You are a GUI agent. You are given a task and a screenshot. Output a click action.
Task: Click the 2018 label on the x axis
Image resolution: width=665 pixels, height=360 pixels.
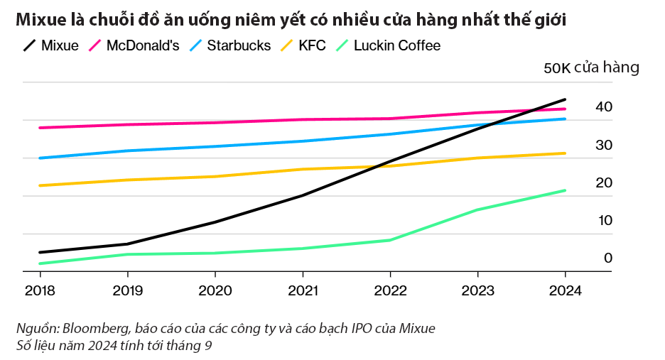[39, 291]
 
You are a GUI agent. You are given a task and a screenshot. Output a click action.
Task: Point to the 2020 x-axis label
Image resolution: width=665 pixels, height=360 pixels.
[215, 291]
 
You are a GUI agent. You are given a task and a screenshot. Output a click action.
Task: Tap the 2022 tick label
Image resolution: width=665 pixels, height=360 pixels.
[390, 291]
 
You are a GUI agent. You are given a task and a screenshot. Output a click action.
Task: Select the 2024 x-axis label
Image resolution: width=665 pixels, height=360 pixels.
[565, 291]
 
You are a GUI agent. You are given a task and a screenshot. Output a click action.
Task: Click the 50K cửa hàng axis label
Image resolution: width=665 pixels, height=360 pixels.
[591, 68]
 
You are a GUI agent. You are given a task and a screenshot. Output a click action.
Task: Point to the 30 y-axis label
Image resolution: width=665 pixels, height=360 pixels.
[604, 145]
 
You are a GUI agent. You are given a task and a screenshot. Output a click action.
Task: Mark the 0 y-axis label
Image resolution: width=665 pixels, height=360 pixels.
[607, 258]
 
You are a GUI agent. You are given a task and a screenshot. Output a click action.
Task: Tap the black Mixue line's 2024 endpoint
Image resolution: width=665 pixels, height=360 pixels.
[565, 99]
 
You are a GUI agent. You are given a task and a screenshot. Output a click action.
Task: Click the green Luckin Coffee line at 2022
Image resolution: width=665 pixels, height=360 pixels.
[390, 240]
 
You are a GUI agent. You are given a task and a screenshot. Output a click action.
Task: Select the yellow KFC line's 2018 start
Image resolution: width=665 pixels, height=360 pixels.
[40, 185]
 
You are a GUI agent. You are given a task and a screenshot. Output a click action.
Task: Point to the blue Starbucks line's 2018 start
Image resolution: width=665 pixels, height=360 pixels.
[40, 158]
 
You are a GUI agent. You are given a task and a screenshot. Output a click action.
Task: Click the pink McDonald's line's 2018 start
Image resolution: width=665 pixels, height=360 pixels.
[40, 128]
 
